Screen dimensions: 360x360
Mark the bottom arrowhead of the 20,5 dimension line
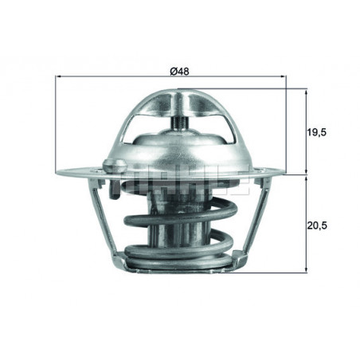307,270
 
